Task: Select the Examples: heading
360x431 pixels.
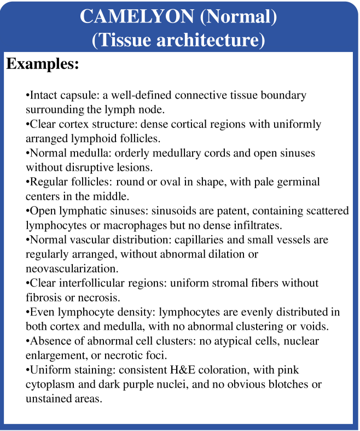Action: click(43, 63)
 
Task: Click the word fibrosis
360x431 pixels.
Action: click(45, 296)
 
